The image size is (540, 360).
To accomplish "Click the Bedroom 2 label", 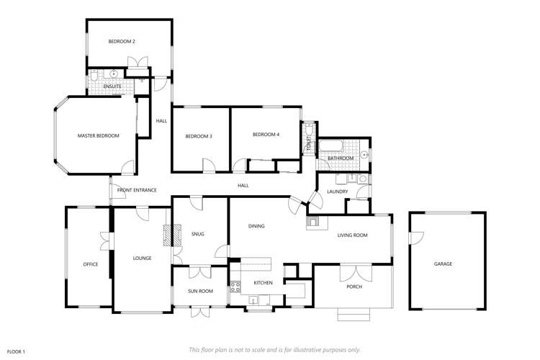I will tap(122, 42).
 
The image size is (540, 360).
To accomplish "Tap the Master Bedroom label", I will tap(98, 135).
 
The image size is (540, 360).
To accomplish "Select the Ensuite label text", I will tap(112, 87).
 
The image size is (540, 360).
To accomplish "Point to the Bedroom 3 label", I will tap(198, 136).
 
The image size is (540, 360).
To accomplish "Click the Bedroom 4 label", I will tap(266, 135).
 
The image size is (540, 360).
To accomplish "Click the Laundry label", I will tap(337, 192).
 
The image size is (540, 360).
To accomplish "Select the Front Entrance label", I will tap(137, 190).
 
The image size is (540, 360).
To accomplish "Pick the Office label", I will tap(90, 264).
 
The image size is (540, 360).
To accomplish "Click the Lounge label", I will tap(142, 258).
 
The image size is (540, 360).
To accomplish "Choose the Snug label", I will tap(198, 233).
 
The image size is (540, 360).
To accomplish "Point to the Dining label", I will tap(256, 226).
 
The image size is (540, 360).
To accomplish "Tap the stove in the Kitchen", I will tap(235, 288).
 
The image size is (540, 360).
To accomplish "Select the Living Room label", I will tap(353, 235).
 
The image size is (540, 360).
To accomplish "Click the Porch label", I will tap(354, 287).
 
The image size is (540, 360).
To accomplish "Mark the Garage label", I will tap(443, 264).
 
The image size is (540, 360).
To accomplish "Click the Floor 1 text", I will tap(16, 351).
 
